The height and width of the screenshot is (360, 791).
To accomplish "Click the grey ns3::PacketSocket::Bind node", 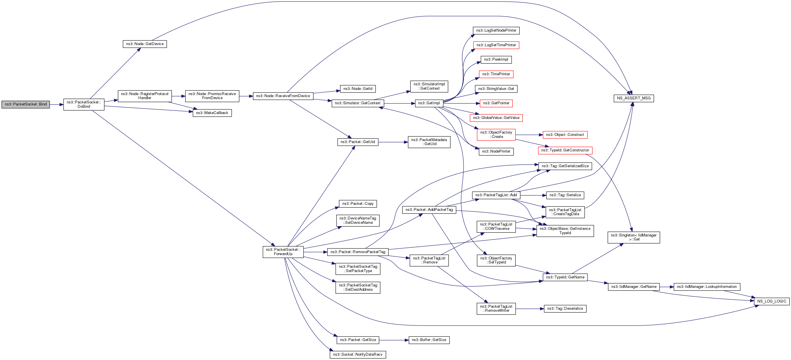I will [26, 104].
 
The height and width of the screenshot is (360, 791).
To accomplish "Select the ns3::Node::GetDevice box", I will [145, 44].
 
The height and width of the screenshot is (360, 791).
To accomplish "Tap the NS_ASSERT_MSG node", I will [633, 98].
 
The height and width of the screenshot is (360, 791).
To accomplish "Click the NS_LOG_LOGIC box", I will [771, 301].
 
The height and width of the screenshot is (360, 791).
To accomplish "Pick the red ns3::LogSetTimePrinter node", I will [496, 45].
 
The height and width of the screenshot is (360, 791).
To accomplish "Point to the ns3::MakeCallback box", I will [212, 113].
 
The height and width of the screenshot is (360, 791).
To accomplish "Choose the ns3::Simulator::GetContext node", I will [358, 103].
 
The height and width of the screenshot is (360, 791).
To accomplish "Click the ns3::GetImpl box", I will [429, 103].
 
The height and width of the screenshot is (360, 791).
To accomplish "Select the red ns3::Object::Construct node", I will [565, 135].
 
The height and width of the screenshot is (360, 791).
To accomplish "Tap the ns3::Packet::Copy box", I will [358, 203].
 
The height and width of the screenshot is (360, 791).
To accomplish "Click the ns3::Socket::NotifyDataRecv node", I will [358, 355].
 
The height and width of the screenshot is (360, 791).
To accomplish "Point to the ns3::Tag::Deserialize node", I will [565, 309].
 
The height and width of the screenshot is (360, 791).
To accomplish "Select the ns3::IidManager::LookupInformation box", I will [706, 287].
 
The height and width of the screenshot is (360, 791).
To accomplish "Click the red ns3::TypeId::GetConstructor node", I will [565, 150].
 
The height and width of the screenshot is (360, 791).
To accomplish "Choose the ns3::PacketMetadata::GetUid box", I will [429, 142].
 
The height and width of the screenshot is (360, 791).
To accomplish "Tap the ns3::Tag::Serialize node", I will [565, 195].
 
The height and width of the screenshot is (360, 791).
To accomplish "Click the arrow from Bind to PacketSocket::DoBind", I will [57, 105].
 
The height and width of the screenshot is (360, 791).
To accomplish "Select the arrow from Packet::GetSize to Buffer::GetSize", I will [394, 340].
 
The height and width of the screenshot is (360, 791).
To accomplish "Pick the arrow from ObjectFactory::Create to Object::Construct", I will [529, 135].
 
